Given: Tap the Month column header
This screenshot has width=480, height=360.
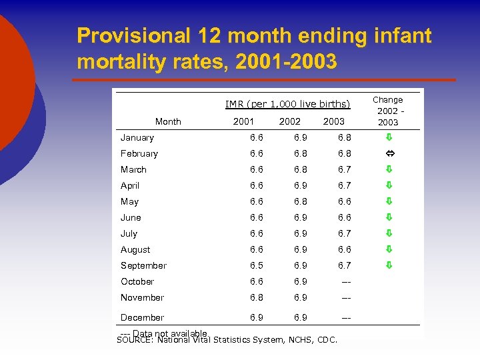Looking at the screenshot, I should click(x=168, y=121).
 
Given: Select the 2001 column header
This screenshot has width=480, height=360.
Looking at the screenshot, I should click(x=243, y=121).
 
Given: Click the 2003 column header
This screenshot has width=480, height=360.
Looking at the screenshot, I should click(x=333, y=121).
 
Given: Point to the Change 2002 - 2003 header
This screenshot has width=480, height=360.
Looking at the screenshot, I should click(x=388, y=111).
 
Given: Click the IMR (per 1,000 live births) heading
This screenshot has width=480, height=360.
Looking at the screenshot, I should click(x=287, y=104).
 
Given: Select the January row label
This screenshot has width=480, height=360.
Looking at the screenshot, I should click(x=137, y=138).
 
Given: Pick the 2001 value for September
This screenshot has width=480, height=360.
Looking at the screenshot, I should click(x=256, y=265).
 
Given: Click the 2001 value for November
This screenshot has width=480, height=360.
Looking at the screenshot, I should click(x=256, y=297).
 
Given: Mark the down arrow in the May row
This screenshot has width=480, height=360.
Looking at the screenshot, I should click(x=389, y=201).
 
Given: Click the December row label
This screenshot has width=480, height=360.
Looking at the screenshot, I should click(x=142, y=317).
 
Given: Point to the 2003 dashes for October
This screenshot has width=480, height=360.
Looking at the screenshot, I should click(x=345, y=281).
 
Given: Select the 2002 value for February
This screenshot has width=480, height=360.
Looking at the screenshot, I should click(x=301, y=153).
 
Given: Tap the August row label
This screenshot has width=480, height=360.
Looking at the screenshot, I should click(x=135, y=249).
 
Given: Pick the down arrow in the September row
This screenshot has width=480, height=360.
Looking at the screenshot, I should click(x=389, y=265).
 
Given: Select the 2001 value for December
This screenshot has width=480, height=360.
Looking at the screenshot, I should click(x=256, y=317).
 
